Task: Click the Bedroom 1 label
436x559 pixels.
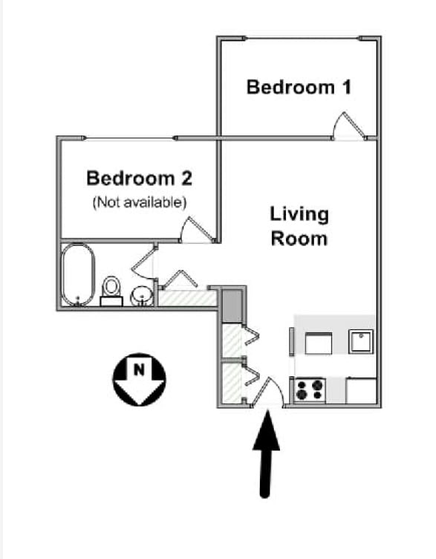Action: (x=299, y=88)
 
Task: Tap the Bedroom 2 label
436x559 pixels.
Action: (x=140, y=178)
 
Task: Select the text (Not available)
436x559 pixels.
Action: (x=140, y=202)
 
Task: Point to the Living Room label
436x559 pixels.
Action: (x=299, y=227)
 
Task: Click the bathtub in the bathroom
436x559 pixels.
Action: (x=78, y=274)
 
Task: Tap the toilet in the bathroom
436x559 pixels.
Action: (x=111, y=291)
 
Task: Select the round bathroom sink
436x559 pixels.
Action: (x=142, y=297)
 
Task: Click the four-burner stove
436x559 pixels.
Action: (x=310, y=390)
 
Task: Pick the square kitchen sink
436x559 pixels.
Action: (x=361, y=341)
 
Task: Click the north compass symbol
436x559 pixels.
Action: (x=140, y=379)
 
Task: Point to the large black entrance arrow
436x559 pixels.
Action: (x=266, y=454)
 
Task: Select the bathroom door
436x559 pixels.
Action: (x=144, y=262)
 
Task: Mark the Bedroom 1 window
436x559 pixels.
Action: (x=302, y=38)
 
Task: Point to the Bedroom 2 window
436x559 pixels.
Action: (x=130, y=138)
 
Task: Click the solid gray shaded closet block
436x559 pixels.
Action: (x=232, y=306)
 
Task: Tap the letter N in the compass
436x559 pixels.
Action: (x=140, y=369)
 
